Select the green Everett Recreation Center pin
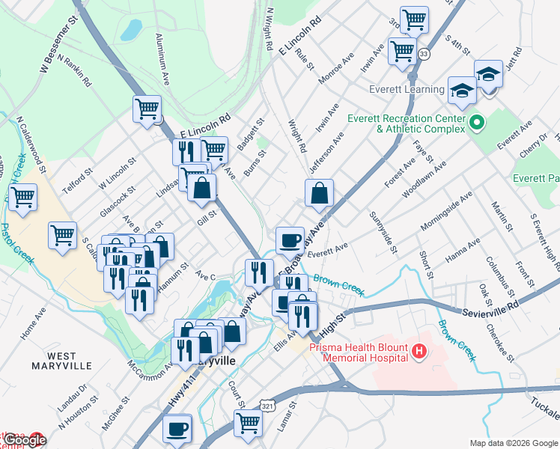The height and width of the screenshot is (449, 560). click(475, 122)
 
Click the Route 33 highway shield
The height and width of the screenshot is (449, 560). click(424, 54)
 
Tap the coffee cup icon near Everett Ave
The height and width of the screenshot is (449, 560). click(290, 241)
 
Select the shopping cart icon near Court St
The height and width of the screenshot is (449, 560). click(247, 422)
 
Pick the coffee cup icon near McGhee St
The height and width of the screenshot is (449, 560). click(177, 429)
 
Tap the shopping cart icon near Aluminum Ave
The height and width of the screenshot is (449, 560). click(147, 109)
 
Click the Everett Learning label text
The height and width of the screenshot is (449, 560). click(407, 90)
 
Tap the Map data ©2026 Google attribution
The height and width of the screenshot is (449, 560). click(514, 443)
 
